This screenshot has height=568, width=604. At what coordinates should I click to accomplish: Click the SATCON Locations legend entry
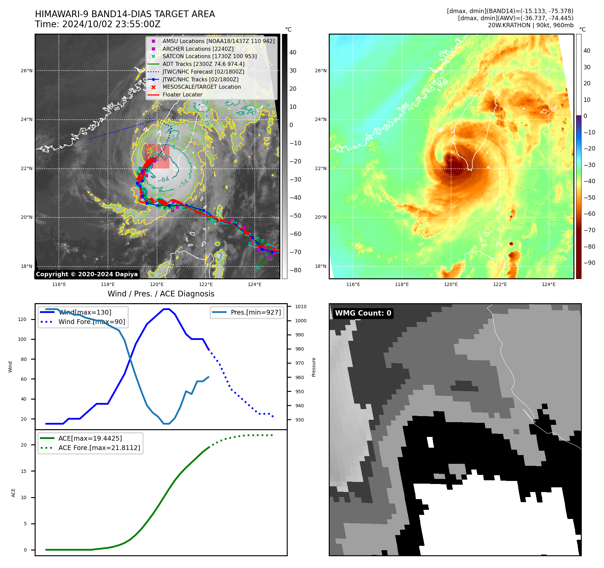pos(209,56)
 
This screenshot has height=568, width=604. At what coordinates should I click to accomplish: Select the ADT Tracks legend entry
pos(203,64)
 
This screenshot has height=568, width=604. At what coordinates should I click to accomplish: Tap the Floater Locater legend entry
pos(182,95)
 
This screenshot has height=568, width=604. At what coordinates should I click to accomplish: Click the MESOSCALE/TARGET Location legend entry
pos(202,87)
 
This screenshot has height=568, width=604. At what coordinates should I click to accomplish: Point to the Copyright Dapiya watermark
pos(87,274)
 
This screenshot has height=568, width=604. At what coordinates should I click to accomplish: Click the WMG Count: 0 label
pos(363,313)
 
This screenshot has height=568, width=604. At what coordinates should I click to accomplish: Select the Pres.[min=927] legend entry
pos(255,312)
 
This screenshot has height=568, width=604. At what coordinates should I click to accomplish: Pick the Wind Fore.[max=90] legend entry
pos(91,322)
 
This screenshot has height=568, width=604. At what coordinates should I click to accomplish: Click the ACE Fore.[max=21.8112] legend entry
pos(99,448)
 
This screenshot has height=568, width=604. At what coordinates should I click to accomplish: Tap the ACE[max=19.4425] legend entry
pos(90,438)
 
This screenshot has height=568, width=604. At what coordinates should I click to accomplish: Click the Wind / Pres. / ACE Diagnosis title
pos(161,294)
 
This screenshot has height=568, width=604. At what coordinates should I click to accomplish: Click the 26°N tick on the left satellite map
pos(27,71)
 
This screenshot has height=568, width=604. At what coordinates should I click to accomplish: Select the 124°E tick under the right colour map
pos(549,285)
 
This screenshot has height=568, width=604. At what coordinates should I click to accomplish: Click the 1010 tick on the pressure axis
pos(301,307)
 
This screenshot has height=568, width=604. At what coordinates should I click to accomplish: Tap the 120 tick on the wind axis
pos(22,319)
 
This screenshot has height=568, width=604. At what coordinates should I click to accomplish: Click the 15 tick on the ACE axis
pos(24,471)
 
